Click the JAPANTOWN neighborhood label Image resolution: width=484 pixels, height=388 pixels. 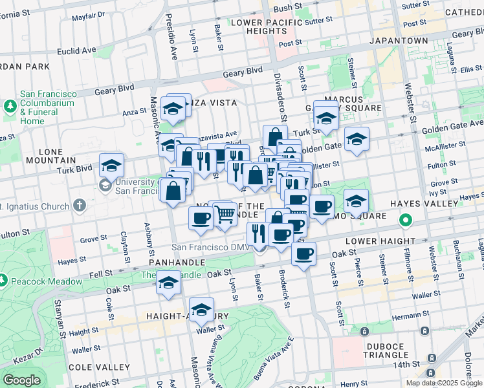(x=399, y=40)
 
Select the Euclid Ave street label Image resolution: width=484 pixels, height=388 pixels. (x=76, y=50)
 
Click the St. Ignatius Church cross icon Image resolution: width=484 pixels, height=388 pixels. (x=79, y=206)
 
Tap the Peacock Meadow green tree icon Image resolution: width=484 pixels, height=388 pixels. (x=4, y=280)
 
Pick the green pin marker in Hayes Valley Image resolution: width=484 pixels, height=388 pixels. (x=406, y=221)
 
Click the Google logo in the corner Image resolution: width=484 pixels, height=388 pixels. (x=21, y=380)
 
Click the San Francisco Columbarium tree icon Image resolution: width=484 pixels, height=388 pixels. (x=10, y=105)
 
